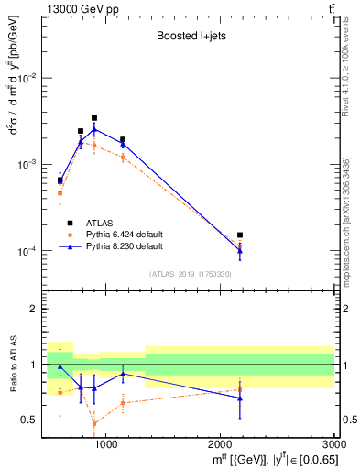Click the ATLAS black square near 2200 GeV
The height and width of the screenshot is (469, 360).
[x=240, y=235]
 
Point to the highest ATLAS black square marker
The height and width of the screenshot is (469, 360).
[x=94, y=118]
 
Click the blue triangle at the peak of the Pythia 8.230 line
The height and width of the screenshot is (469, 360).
[x=94, y=129]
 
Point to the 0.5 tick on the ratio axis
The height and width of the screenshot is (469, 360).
[x=33, y=420]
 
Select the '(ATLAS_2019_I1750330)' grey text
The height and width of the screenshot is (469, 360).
[x=191, y=274]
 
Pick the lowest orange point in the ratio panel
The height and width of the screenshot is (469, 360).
[x=94, y=423]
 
